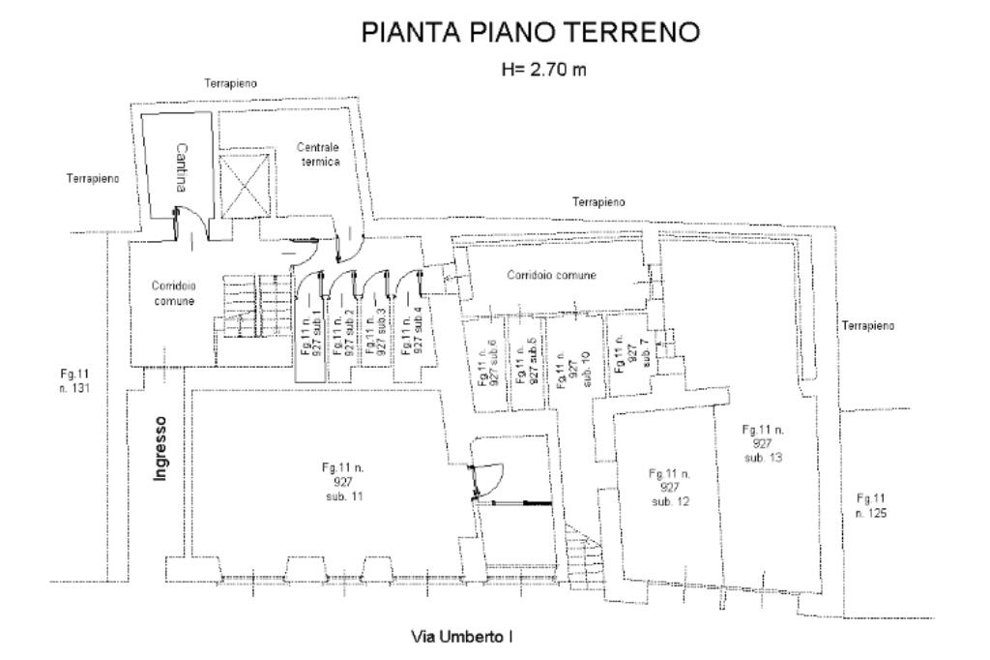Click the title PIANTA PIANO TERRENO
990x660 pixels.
point(531,32)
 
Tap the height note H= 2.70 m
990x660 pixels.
point(543,70)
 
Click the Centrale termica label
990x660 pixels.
point(319,154)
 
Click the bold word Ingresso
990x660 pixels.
point(161,448)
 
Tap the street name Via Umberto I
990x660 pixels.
point(461,636)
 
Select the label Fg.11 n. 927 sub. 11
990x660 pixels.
point(343,482)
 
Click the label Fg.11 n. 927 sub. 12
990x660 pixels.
point(670,487)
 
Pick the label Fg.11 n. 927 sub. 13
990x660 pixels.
point(764,443)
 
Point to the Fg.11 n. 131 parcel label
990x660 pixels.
point(74,380)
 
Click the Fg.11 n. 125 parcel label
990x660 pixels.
point(871,505)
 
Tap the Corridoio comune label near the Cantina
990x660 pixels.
point(174,293)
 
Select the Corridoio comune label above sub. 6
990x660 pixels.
point(552,275)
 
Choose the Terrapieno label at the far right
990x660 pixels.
point(868,325)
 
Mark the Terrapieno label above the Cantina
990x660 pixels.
point(230,83)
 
